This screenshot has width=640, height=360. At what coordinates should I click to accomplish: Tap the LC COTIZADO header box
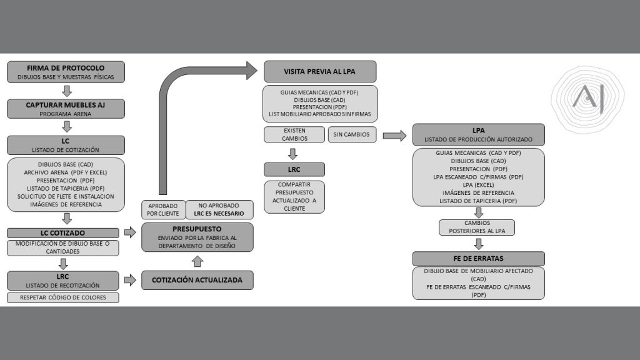[x=62, y=232]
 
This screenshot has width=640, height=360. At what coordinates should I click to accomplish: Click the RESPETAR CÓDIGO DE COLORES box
[x=62, y=297]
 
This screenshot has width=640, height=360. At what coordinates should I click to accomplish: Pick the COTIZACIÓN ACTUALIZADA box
[x=197, y=280]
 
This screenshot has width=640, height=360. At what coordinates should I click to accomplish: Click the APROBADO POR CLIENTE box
[x=162, y=209]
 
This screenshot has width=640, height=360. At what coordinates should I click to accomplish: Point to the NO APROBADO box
[x=219, y=209]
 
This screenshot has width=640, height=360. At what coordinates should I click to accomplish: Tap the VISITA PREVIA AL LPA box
[x=319, y=71]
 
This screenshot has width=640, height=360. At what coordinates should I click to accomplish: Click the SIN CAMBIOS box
[x=352, y=134]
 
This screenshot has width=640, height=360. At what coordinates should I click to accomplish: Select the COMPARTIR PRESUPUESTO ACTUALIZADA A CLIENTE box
[x=294, y=197]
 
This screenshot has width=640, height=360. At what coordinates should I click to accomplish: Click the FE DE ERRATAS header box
[x=478, y=258]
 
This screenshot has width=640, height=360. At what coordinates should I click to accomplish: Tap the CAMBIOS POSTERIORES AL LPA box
[x=477, y=227]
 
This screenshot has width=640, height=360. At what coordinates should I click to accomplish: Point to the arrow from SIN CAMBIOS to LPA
[x=394, y=136]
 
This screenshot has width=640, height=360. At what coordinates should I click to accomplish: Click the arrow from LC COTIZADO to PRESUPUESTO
[x=131, y=232]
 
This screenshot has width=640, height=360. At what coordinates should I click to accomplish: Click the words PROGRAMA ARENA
[x=66, y=114]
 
